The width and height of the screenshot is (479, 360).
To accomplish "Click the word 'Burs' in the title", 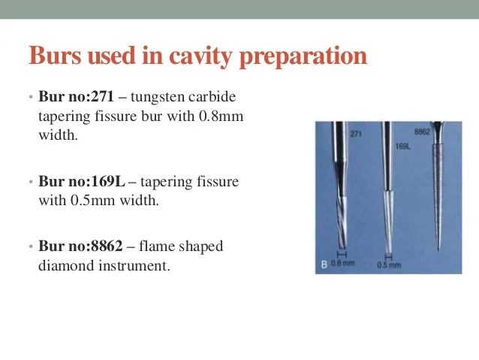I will click(51, 56).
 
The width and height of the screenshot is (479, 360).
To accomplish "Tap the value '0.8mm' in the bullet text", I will click(224, 117).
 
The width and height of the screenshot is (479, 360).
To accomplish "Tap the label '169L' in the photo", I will click(403, 147).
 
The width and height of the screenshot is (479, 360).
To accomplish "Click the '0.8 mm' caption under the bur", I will click(342, 265).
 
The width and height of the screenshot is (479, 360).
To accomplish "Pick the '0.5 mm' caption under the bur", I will click(389, 265).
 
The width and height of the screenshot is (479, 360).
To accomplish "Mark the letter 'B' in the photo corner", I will click(324, 265).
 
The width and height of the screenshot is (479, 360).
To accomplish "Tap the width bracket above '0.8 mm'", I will click(342, 254).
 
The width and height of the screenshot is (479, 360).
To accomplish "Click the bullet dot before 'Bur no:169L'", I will click(32, 183).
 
